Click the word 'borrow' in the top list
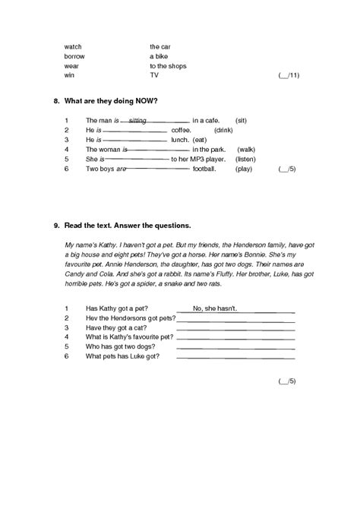74,56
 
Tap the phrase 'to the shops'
168,66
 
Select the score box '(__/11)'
289,76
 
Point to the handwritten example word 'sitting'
137,120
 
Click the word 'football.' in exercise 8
204,169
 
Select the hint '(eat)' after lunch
200,140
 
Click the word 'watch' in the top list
73,46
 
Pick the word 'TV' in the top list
154,76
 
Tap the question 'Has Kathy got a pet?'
116,308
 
